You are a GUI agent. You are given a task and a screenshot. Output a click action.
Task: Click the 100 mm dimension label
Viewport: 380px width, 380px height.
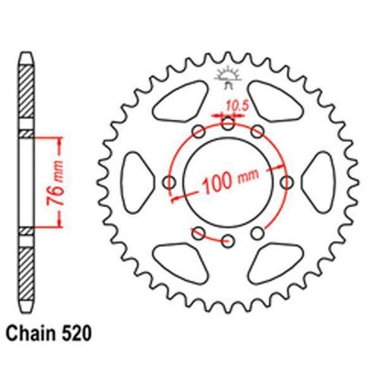click(x=230, y=180)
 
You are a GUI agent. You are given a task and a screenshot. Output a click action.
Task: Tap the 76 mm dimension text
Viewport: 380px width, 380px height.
click(x=55, y=182)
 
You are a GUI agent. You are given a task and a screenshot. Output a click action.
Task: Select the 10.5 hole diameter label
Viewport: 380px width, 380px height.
click(x=237, y=106)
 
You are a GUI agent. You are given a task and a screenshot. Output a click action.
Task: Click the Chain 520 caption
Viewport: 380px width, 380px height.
click(x=49, y=334)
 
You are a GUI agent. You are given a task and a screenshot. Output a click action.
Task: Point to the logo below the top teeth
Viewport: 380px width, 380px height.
click(x=228, y=78)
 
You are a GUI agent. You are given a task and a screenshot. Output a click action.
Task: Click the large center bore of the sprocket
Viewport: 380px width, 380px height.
click(x=228, y=182)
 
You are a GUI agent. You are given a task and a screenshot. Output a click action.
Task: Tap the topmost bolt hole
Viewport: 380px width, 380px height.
click(x=228, y=124)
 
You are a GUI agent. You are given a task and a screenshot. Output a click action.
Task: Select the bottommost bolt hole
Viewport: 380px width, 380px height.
click(x=228, y=241)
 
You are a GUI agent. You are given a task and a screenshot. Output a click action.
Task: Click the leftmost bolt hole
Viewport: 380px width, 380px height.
click(x=169, y=182)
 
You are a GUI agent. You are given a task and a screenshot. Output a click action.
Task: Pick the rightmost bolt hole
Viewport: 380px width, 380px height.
click(x=287, y=182)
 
